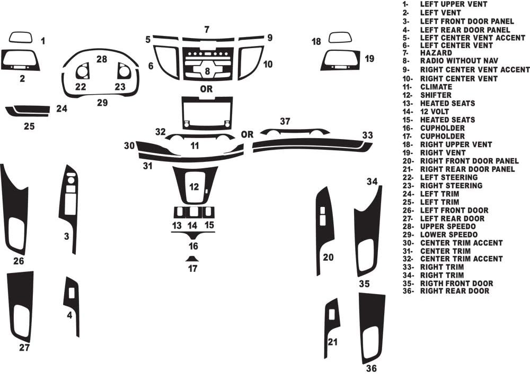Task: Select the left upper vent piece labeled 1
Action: tap(20, 37)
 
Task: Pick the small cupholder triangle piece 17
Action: tap(192, 259)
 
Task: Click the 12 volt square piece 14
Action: tap(192, 212)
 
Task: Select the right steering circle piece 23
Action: tap(124, 71)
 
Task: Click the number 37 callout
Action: tap(285, 122)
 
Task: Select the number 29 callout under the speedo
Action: tap(102, 102)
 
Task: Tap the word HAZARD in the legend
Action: tap(436, 53)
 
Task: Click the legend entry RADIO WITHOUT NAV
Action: tap(458, 62)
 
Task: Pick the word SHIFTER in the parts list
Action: tap(436, 95)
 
